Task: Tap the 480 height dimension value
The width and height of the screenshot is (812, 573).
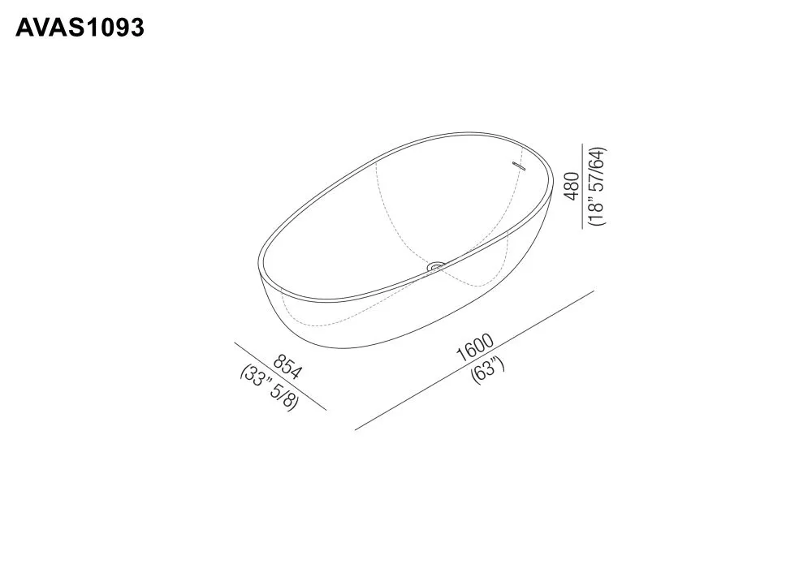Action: tap(572, 186)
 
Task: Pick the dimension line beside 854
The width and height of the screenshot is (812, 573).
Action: tap(280, 377)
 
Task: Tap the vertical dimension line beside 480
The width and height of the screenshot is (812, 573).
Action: tap(583, 187)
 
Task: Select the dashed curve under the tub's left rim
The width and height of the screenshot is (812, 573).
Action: tap(317, 323)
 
